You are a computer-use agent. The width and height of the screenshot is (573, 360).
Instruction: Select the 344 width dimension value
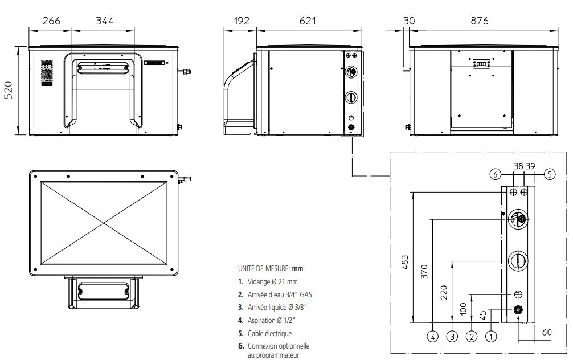pyautogui.click(x=104, y=21)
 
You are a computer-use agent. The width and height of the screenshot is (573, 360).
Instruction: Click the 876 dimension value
pyautogui.click(x=480, y=21)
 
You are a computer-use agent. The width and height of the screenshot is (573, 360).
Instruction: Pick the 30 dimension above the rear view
pyautogui.click(x=408, y=21)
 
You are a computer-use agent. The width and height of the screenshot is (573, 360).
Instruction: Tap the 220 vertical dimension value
pyautogui.click(x=444, y=292)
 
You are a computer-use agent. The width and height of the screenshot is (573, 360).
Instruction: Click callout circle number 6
pyautogui.click(x=496, y=174)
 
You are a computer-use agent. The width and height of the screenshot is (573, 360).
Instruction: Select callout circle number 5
pyautogui.click(x=549, y=174)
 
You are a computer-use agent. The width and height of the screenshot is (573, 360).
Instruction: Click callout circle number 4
pyautogui.click(x=433, y=336)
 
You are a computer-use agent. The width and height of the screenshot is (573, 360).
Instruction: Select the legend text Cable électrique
pyautogui.click(x=269, y=333)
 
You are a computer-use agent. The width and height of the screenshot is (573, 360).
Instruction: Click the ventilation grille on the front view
pyautogui.click(x=46, y=73)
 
